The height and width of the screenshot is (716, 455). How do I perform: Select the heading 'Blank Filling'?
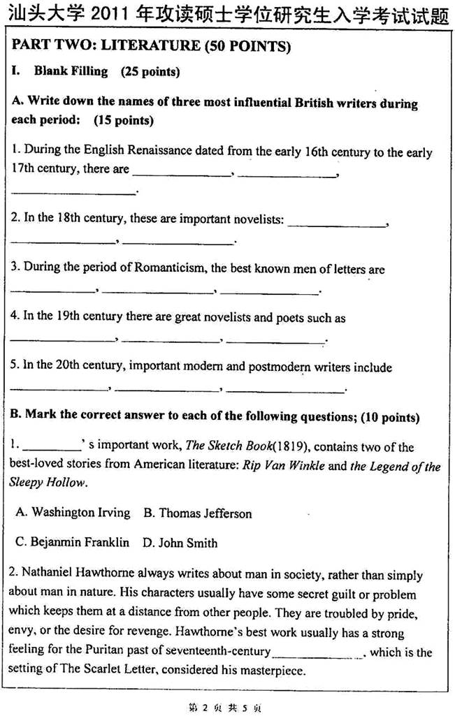(x=71, y=71)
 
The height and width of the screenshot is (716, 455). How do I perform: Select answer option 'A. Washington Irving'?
(x=73, y=513)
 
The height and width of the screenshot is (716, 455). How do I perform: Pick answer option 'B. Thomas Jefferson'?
(x=198, y=513)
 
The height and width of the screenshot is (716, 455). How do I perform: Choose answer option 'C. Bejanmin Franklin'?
(x=72, y=542)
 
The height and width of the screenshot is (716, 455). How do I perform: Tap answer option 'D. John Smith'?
(x=180, y=542)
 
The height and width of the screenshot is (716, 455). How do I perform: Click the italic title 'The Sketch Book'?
(x=226, y=446)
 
